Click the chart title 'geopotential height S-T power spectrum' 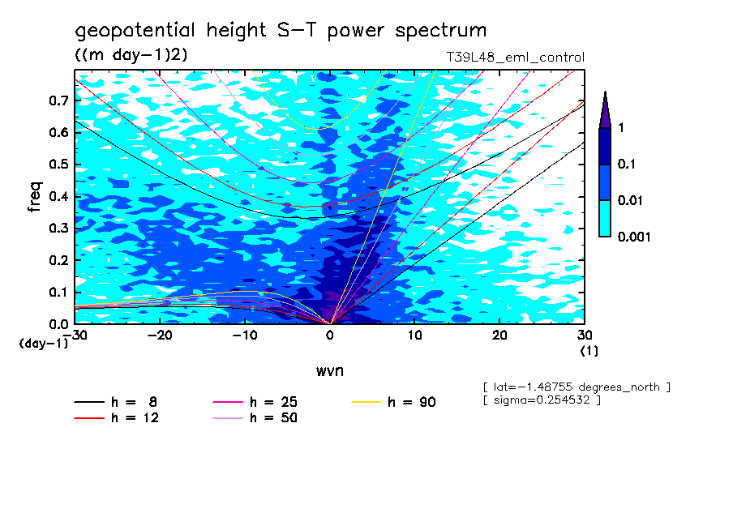click(281, 31)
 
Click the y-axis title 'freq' click(35, 197)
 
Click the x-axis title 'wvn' click(329, 370)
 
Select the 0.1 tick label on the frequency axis click(57, 292)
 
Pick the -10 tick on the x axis click(245, 333)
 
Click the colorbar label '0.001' click(632, 237)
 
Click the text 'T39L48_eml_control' click(509, 58)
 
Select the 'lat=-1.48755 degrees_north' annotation click(576, 387)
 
